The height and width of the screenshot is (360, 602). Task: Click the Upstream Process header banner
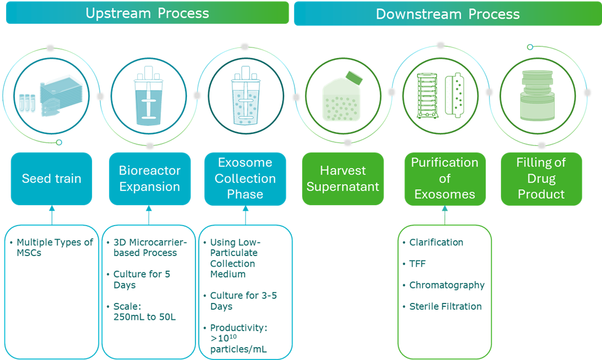click(147, 13)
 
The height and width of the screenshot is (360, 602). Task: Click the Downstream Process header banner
click(447, 14)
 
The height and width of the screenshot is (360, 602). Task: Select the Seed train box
click(51, 179)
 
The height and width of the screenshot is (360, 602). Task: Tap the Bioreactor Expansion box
click(150, 179)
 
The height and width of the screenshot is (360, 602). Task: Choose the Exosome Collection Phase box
click(245, 179)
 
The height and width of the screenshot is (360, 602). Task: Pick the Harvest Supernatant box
click(342, 179)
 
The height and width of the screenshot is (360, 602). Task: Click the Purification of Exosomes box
click(444, 179)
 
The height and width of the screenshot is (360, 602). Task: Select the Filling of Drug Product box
click(540, 179)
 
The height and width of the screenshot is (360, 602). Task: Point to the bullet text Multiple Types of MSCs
click(54, 248)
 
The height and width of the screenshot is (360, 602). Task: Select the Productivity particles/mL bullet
click(242, 339)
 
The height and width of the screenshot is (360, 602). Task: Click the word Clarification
click(436, 242)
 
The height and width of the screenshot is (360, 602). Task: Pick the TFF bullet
click(418, 264)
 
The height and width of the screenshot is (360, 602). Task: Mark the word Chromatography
click(446, 285)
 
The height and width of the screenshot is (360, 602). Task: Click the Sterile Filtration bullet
click(445, 307)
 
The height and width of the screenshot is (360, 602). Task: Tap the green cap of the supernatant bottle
click(354, 76)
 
